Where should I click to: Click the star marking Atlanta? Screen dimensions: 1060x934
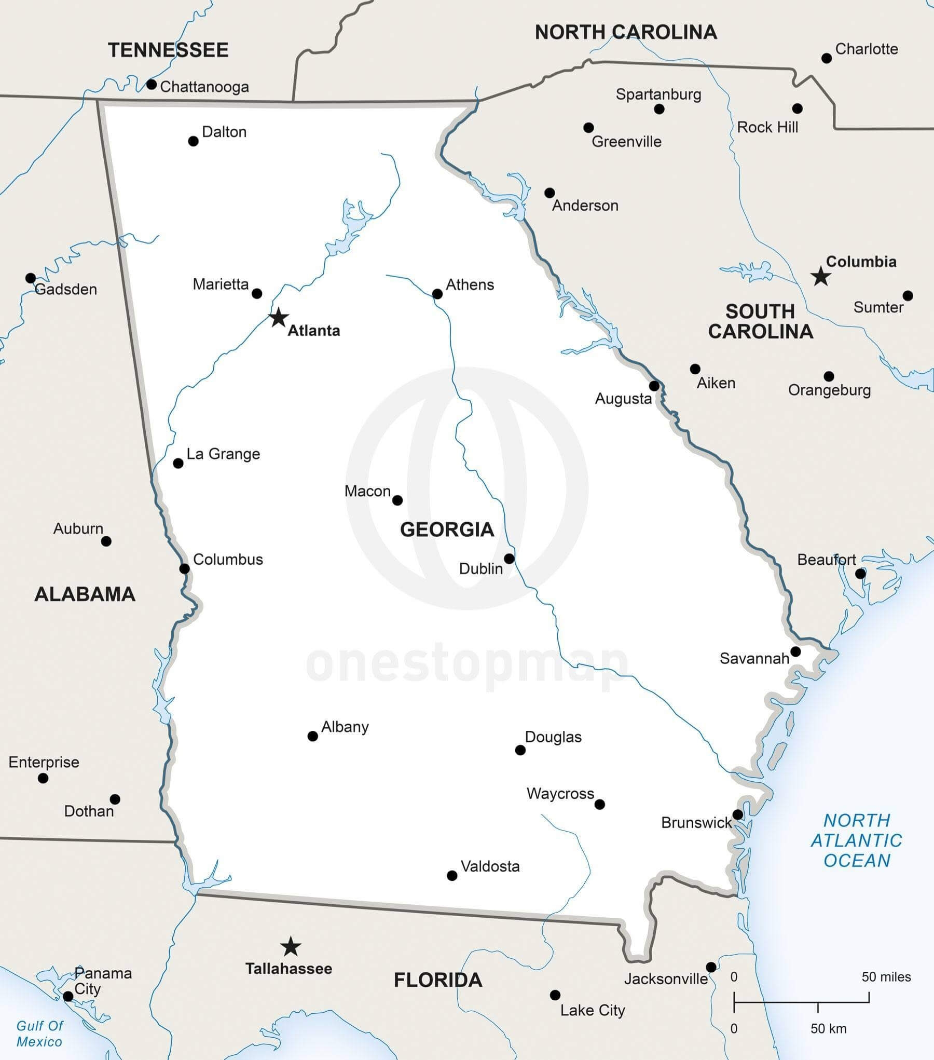coord(279,317)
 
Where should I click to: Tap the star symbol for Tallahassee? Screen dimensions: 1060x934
coord(291,947)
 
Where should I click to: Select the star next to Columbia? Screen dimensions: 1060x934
coord(820,276)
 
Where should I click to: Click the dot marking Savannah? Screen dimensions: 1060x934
coord(795,651)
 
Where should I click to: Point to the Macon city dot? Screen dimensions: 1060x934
coord(397,500)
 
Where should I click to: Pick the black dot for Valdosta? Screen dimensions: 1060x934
coord(452,876)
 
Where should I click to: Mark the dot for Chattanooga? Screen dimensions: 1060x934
coord(152,84)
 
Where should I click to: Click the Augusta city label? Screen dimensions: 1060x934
coord(623,399)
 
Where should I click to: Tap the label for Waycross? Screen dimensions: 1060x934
coord(560,794)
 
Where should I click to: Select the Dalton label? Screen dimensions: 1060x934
coord(224,132)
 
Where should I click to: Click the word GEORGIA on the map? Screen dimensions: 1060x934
coord(447,529)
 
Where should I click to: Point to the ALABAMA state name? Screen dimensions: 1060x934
coord(85,594)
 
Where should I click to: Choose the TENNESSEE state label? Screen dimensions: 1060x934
coord(168,50)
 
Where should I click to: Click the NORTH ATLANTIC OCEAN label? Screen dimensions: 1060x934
coord(857,840)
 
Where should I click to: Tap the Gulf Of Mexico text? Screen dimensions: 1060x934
coord(39,1033)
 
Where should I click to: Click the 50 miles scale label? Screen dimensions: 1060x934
coord(886,977)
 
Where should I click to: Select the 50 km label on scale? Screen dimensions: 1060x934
coord(828,1028)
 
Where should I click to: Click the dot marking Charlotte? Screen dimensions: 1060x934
coord(827,58)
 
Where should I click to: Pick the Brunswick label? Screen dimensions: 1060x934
coord(696,823)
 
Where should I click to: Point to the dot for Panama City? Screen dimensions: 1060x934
coord(68,996)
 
